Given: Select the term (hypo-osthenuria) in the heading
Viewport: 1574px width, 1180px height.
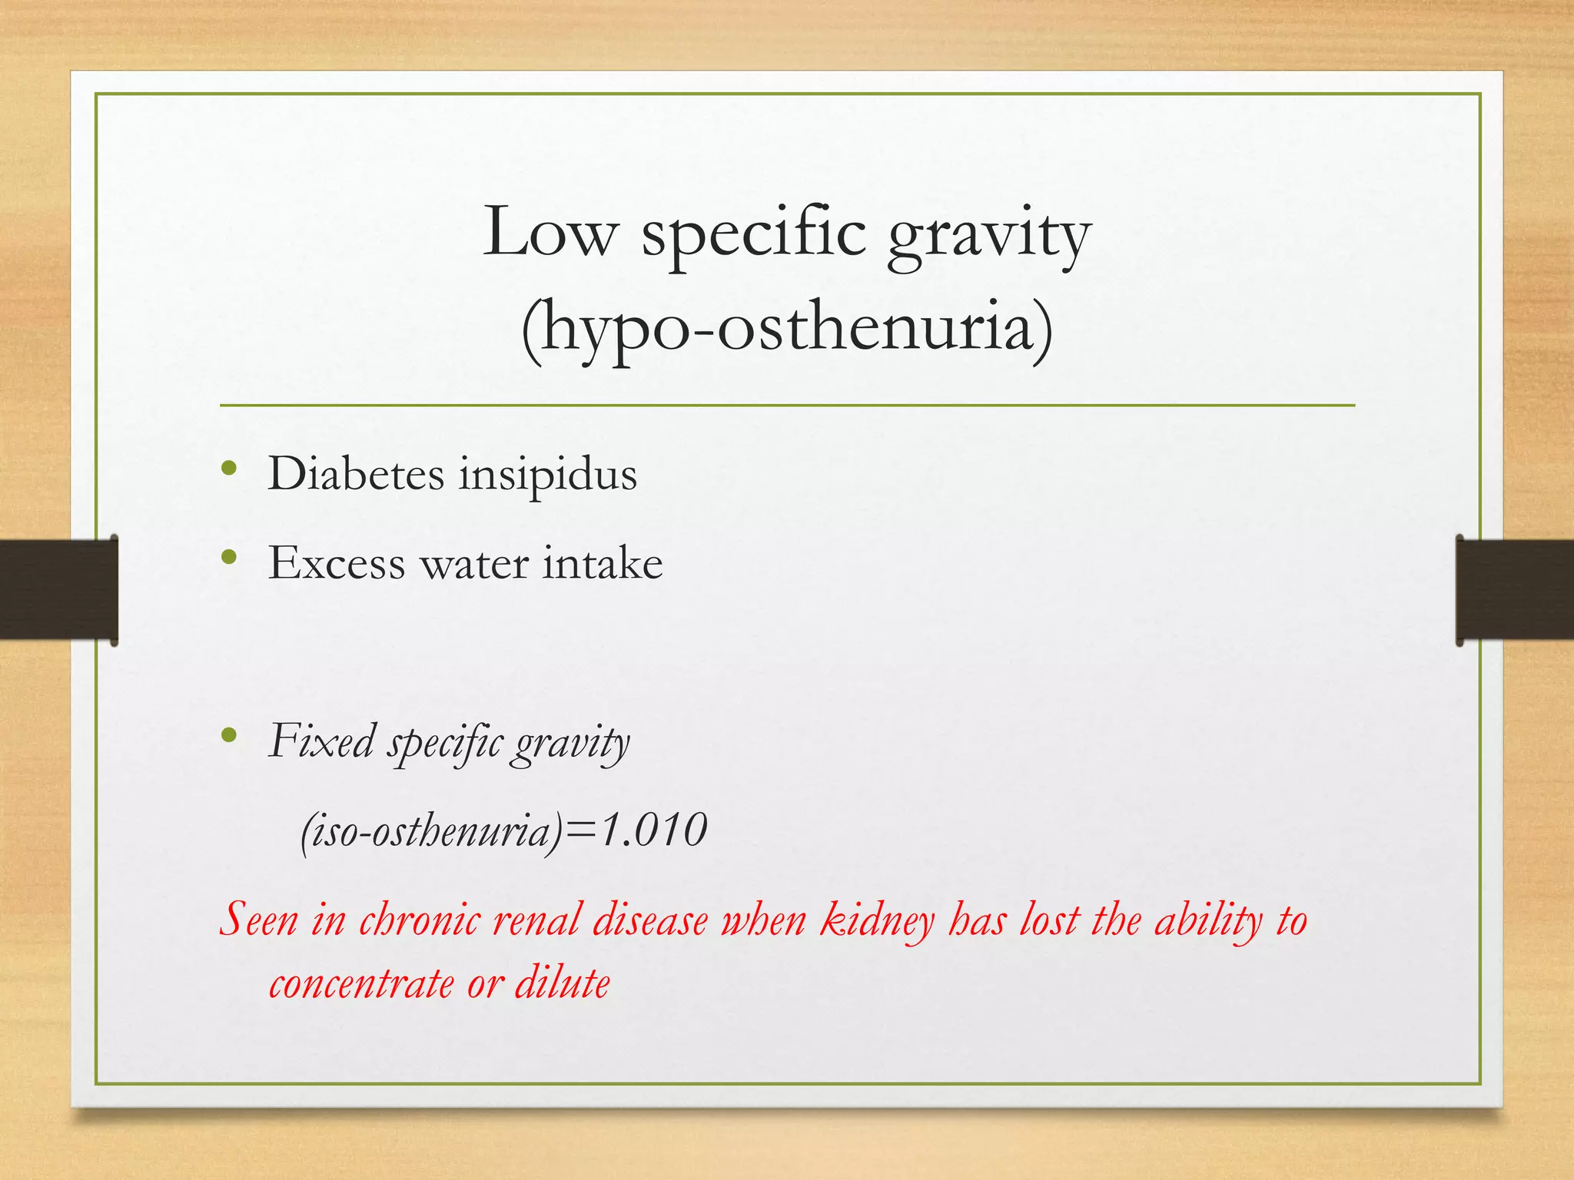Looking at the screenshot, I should tap(787, 330).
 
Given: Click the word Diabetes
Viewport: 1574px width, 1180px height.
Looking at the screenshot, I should tap(356, 473).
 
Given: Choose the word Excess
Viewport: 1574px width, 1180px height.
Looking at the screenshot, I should tap(336, 563).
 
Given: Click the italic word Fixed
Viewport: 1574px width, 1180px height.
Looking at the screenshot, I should tap(321, 741).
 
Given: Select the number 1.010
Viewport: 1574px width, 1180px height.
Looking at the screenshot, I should tap(653, 830).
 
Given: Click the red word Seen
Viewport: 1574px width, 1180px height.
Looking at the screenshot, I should tap(258, 919).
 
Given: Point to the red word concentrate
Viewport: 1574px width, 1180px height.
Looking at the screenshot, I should tap(361, 983).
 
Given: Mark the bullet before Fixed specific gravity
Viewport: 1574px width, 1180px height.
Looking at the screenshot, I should tap(228, 735).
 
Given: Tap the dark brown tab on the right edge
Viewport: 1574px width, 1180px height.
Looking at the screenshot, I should tap(1514, 589).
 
